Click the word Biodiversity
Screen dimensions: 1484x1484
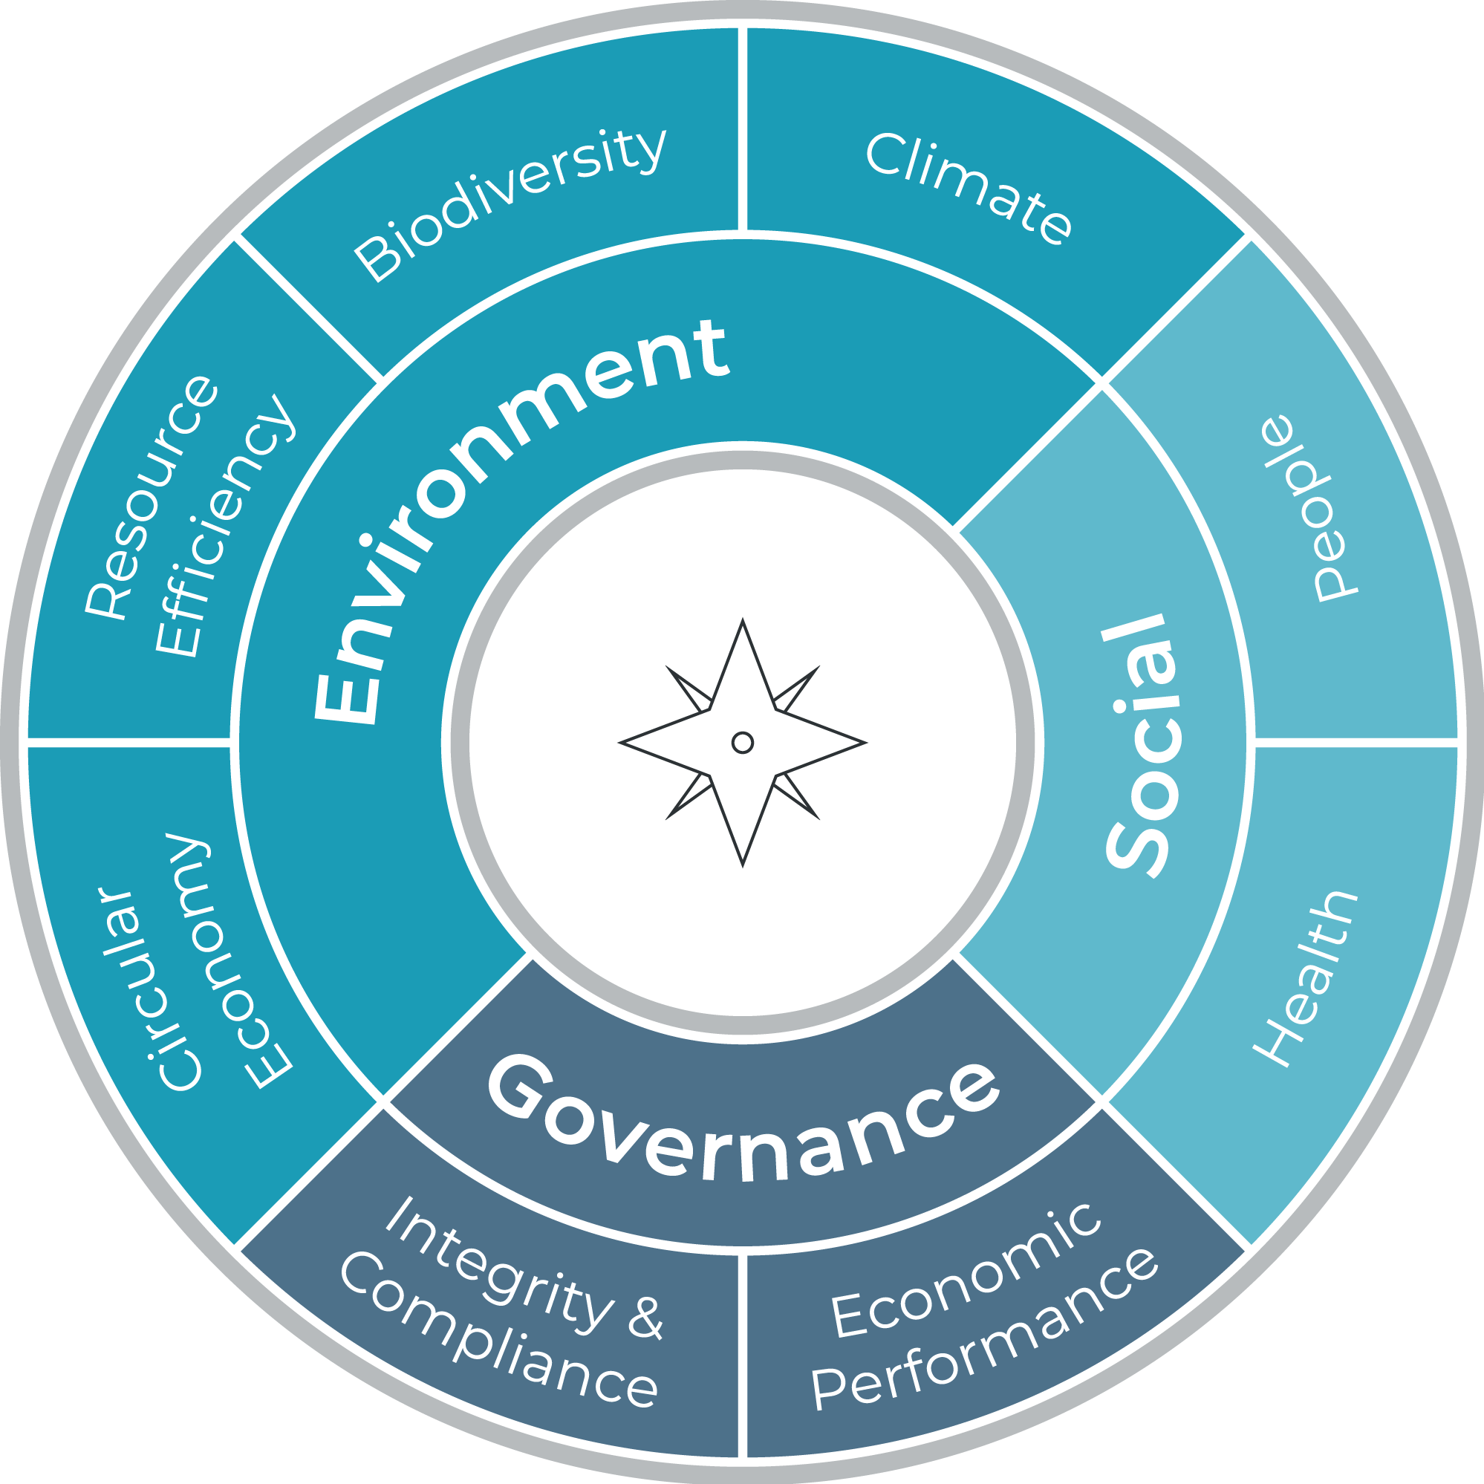coord(510,205)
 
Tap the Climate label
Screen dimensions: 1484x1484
coord(969,189)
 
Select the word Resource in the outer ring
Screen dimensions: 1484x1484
coord(151,497)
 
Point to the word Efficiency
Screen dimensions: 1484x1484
coord(224,525)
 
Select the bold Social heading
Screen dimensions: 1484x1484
coord(1141,746)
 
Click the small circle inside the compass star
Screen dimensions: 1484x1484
coord(743,743)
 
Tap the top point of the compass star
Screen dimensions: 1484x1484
coord(743,619)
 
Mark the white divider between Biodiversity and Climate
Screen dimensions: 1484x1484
coord(743,128)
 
